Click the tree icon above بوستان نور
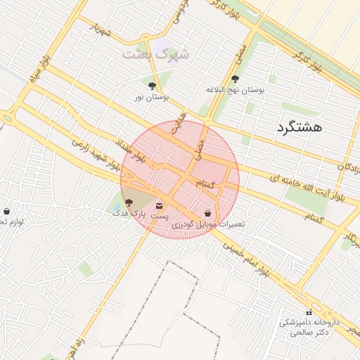152,86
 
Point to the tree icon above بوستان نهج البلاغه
235,79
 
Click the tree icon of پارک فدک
127,202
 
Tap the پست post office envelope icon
160,206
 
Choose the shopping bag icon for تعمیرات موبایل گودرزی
207,213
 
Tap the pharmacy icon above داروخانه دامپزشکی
309,312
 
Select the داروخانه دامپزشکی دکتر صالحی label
309,328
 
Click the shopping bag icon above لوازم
7,211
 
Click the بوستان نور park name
150,96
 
